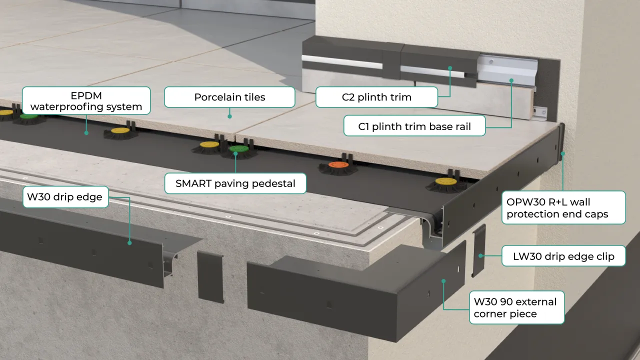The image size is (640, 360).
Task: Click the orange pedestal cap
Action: click(336, 165)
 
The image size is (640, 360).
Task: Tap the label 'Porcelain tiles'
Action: click(229, 97)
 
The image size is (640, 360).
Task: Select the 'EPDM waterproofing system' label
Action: click(86, 100)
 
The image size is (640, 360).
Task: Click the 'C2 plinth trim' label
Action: click(376, 97)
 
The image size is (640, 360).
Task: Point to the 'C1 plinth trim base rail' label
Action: click(414, 126)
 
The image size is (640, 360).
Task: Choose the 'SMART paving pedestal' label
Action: click(235, 183)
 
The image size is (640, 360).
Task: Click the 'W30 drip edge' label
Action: click(65, 197)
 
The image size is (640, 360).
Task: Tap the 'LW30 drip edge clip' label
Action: click(563, 257)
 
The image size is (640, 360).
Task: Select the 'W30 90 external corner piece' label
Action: click(515, 307)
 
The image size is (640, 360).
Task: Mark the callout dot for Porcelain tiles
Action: click(230, 116)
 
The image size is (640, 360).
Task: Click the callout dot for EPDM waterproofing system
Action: click(86, 133)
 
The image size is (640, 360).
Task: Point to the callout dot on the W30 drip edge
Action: click(129, 243)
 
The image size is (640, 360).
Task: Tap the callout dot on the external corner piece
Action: click(443, 281)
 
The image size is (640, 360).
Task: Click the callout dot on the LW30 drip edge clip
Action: click(480, 256)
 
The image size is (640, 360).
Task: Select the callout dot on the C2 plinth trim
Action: click(450, 67)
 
